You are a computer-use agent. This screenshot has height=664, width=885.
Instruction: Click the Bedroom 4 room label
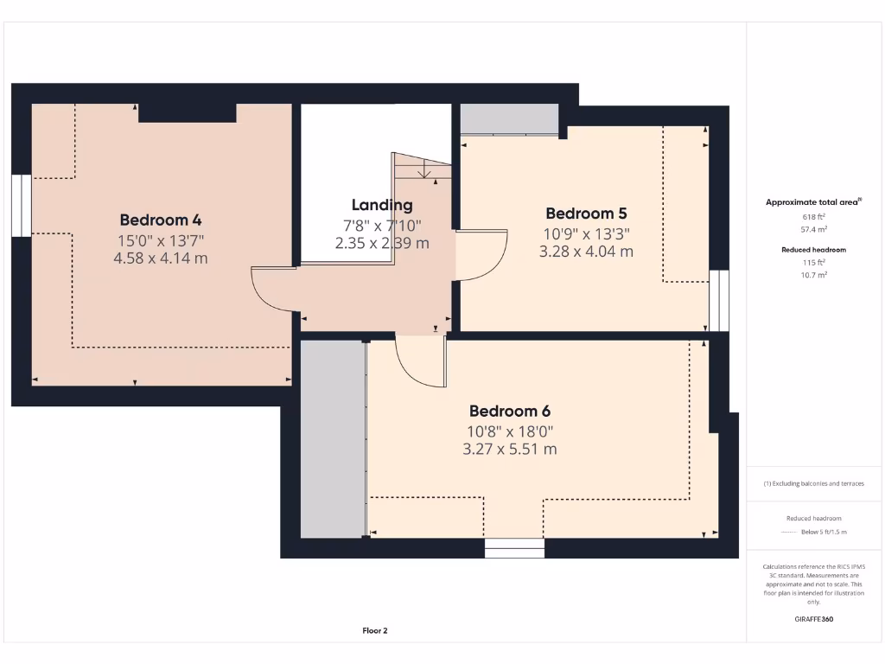161,220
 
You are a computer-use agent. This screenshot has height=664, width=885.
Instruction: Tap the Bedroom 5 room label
586,214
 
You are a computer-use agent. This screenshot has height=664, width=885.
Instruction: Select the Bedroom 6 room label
510,411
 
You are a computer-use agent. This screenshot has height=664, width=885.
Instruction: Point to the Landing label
382,205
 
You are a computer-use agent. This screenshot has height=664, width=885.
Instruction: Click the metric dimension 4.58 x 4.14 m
161,258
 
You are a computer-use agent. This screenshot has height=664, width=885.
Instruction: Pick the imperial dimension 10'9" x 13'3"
586,233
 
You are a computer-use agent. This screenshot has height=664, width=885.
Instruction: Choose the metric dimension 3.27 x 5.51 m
510,450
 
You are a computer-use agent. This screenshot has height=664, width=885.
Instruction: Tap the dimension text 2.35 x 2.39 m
382,243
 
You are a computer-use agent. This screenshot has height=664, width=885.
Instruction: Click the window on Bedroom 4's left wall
21,205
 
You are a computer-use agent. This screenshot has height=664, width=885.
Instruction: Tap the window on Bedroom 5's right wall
718,301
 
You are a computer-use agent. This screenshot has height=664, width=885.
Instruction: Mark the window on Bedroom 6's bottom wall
514,548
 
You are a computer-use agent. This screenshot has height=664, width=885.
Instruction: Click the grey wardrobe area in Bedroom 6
332,439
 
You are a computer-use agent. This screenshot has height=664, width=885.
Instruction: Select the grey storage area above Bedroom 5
509,118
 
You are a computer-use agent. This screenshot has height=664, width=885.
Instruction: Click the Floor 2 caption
375,631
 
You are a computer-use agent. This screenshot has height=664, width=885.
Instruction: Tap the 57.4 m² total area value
814,230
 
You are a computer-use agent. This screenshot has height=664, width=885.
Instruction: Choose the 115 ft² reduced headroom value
814,262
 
